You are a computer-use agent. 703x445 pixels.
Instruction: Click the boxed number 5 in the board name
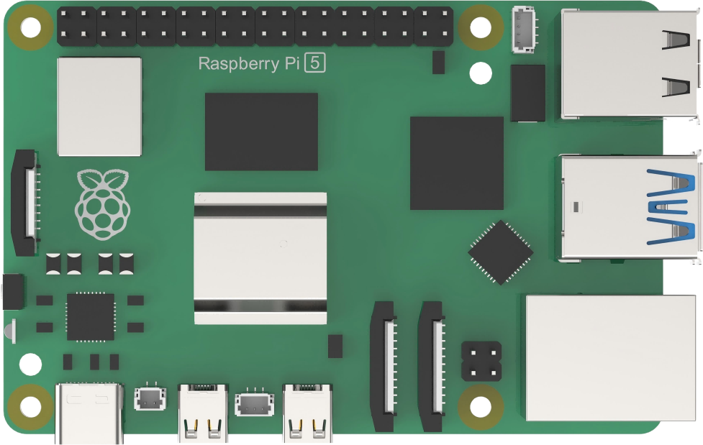click(314, 63)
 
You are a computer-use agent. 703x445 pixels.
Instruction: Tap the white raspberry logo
click(103, 203)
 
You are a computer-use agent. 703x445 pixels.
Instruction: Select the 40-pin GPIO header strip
click(255, 27)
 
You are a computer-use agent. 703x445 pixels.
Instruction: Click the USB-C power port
click(89, 413)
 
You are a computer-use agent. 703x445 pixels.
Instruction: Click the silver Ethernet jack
click(611, 357)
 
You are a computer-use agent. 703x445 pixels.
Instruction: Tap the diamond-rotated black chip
click(500, 252)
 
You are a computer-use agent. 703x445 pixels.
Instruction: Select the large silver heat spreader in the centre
click(260, 258)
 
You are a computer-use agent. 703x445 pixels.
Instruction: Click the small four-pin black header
click(481, 361)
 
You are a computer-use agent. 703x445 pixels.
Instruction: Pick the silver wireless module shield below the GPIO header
click(99, 106)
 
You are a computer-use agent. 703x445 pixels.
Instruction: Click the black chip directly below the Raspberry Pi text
click(261, 132)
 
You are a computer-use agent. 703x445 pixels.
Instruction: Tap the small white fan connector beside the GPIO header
click(523, 30)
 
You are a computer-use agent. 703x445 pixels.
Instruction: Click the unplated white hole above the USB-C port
click(30, 364)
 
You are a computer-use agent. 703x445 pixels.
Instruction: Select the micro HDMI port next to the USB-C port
click(203, 412)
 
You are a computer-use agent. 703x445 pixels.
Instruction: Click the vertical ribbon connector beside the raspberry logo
click(26, 203)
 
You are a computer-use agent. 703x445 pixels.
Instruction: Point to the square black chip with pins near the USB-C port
click(91, 317)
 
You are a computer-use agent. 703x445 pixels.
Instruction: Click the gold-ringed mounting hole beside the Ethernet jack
click(481, 407)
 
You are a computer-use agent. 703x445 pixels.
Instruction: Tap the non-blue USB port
click(630, 65)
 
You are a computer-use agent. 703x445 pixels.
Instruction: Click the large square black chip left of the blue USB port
click(456, 163)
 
